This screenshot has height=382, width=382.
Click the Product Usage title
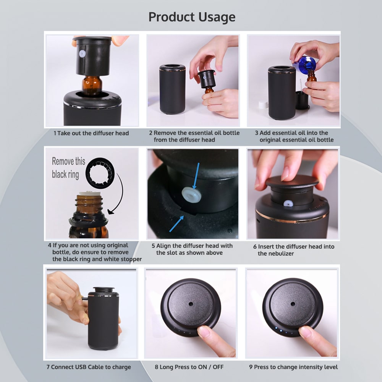point(192,17)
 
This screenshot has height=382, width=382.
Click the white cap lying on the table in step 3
point(263,105)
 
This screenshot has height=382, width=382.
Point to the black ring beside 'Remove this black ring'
point(100,173)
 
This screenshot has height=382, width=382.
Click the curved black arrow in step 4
point(122,193)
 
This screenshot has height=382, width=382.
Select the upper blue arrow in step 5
point(196,176)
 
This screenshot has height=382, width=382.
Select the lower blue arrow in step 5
point(176,223)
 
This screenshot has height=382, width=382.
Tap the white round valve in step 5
point(191,194)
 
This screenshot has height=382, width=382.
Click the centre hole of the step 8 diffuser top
point(191,304)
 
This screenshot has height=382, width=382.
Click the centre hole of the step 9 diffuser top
point(293,304)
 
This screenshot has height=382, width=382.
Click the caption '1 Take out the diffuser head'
point(91,133)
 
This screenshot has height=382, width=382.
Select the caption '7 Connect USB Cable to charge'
point(89,367)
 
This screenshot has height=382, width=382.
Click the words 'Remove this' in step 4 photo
point(68,161)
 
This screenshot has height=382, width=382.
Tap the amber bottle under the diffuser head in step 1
point(92,85)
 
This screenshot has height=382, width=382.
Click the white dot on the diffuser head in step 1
point(82,53)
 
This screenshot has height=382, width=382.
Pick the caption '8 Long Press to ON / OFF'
point(189,367)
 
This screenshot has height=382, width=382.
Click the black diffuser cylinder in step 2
point(172,89)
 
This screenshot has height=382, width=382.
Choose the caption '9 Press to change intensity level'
point(293,367)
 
